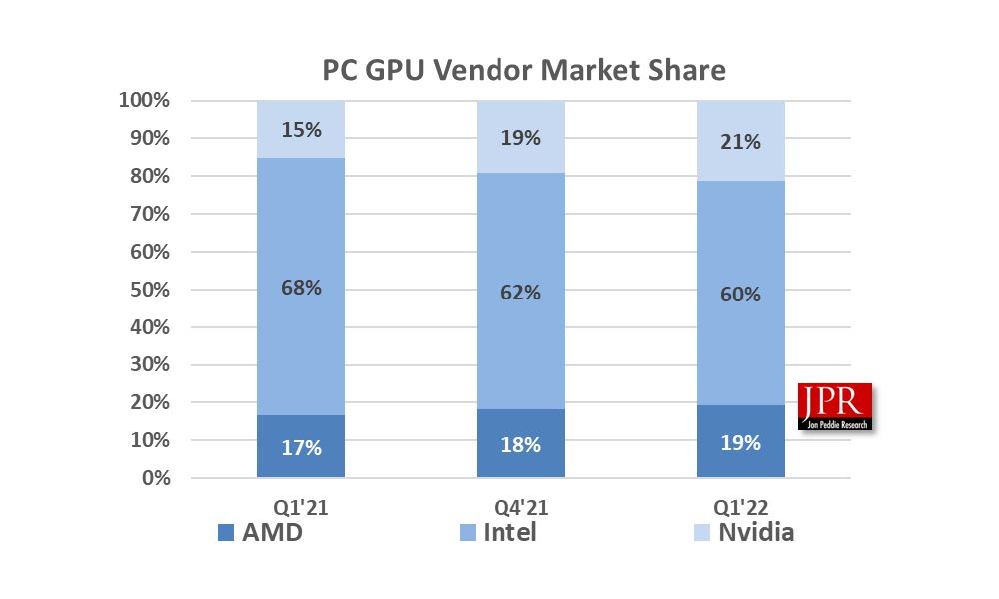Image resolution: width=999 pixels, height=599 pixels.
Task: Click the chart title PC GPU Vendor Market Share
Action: click(x=523, y=71)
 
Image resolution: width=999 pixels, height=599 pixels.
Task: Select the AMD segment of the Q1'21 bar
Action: click(x=301, y=446)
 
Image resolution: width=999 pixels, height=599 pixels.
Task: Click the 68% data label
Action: click(x=301, y=288)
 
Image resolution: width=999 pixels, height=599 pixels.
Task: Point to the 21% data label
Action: click(x=740, y=142)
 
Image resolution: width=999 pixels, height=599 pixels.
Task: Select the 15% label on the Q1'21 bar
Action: click(x=301, y=130)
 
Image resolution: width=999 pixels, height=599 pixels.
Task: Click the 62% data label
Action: click(x=520, y=293)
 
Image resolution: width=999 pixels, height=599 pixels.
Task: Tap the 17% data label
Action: click(x=301, y=448)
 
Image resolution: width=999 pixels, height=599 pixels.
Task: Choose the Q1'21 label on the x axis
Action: click(x=301, y=508)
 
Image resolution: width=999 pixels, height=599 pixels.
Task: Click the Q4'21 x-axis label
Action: click(x=520, y=508)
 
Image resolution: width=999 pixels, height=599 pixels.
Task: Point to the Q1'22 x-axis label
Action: click(x=740, y=508)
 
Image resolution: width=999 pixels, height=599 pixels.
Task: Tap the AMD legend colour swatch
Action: click(x=225, y=534)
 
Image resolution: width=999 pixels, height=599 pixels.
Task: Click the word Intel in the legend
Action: click(x=509, y=532)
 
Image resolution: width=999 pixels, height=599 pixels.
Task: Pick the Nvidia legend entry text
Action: click(x=756, y=532)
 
